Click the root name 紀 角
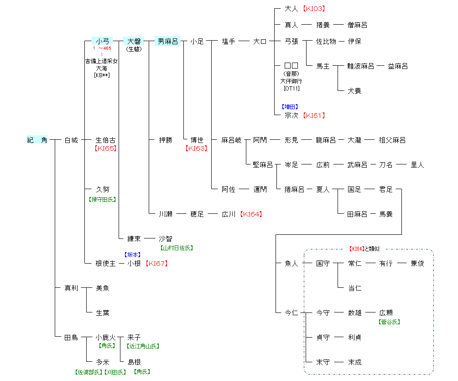pyautogui.click(x=37, y=140)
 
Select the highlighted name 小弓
pyautogui.click(x=102, y=42)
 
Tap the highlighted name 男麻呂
pyautogui.click(x=168, y=42)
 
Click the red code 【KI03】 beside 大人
pyautogui.click(x=314, y=9)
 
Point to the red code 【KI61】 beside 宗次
pyautogui.click(x=314, y=116)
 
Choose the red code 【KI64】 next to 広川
pyautogui.click(x=251, y=214)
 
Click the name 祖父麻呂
pyautogui.click(x=392, y=140)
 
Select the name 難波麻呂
pyautogui.click(x=361, y=66)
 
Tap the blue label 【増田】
pyautogui.click(x=290, y=106)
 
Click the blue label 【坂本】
pyautogui.click(x=132, y=254)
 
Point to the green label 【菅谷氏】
pyautogui.click(x=389, y=322)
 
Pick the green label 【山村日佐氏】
pyautogui.click(x=177, y=248)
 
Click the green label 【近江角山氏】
pyautogui.click(x=143, y=347)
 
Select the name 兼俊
pyautogui.click(x=417, y=264)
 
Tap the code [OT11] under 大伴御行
pyautogui.click(x=291, y=88)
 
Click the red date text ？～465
pyautogui.click(x=102, y=48)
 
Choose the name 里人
pyautogui.click(x=417, y=165)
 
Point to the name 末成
pyautogui.click(x=354, y=362)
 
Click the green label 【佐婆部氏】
pyautogui.click(x=88, y=372)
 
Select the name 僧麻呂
pyautogui.click(x=357, y=25)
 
